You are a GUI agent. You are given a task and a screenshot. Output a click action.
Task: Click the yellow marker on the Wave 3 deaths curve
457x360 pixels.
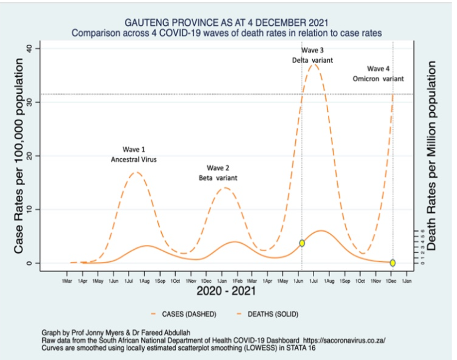[302, 243]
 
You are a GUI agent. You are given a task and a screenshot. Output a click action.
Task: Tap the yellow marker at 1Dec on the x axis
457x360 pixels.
[392, 263]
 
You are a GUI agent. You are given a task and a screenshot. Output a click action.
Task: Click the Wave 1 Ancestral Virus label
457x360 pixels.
[133, 154]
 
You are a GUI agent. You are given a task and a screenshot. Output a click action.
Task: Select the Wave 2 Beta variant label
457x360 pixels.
[218, 173]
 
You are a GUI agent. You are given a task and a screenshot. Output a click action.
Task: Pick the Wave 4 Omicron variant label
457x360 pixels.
[378, 73]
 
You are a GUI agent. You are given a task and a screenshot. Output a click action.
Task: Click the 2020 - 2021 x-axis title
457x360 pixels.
[226, 291]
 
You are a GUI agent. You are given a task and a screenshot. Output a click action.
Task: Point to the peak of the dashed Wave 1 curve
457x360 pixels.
[136, 172]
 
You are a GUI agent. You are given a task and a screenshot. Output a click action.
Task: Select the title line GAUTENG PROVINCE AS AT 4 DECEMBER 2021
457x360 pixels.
[226, 23]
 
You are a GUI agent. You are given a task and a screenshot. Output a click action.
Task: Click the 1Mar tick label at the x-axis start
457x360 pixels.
[67, 281]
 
